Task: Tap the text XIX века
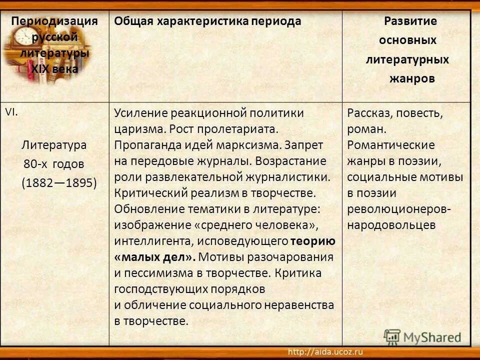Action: pyautogui.click(x=54, y=69)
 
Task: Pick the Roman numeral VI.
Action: pyautogui.click(x=11, y=112)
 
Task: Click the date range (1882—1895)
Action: pyautogui.click(x=59, y=182)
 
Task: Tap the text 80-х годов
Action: pyautogui.click(x=53, y=164)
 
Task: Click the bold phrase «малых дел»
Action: pyautogui.click(x=154, y=257)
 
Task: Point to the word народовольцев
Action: pyautogui.click(x=391, y=225)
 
